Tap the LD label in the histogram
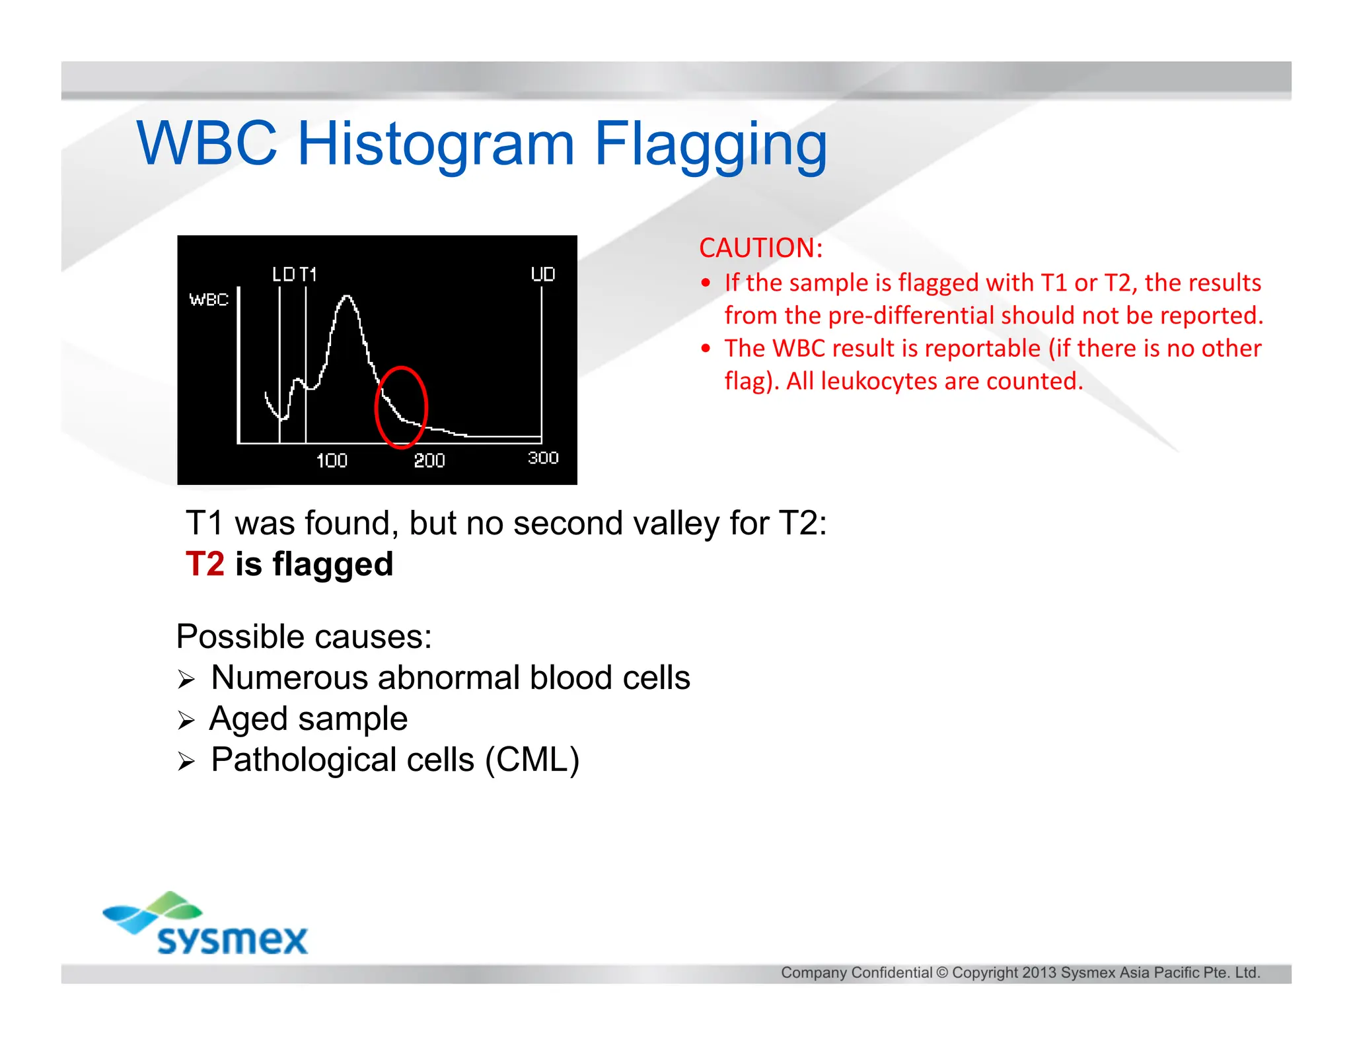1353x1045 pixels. click(x=283, y=274)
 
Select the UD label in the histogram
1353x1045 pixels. click(x=542, y=274)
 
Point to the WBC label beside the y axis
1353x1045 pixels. click(x=209, y=300)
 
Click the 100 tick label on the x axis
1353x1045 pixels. click(x=332, y=460)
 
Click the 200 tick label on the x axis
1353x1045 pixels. click(x=429, y=460)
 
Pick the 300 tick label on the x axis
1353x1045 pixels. click(x=543, y=458)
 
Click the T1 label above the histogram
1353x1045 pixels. click(x=308, y=274)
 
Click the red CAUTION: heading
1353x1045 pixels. click(x=761, y=248)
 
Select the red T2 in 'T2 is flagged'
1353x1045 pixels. click(x=205, y=564)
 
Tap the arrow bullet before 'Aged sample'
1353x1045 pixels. click(x=186, y=721)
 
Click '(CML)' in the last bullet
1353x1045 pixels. click(x=532, y=760)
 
